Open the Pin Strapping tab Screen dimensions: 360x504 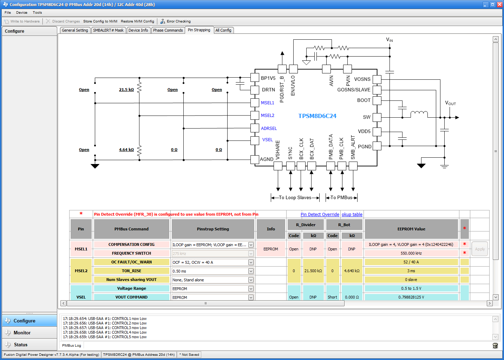[199, 30]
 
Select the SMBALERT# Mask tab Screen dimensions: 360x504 [108, 31]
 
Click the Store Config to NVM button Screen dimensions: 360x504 [100, 21]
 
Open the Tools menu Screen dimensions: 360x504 [37, 13]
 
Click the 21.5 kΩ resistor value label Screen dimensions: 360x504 [126, 90]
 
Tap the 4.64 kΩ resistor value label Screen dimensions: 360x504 [126, 150]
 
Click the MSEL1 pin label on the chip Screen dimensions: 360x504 [267, 103]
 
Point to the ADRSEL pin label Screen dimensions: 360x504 [269, 129]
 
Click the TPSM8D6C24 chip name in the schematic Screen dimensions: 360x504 [317, 116]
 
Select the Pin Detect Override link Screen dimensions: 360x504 [320, 215]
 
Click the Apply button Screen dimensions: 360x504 [479, 249]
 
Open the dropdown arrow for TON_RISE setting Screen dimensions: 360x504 [251, 271]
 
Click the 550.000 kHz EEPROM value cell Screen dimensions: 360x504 [411, 253]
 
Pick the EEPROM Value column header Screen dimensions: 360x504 [411, 229]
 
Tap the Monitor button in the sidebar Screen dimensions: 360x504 [22, 333]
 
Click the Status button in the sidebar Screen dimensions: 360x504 [21, 345]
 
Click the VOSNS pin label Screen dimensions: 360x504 [362, 79]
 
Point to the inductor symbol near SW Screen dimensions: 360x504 [419, 113]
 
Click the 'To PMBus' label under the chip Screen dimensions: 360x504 [341, 198]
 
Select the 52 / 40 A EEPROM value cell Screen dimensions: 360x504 [411, 262]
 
